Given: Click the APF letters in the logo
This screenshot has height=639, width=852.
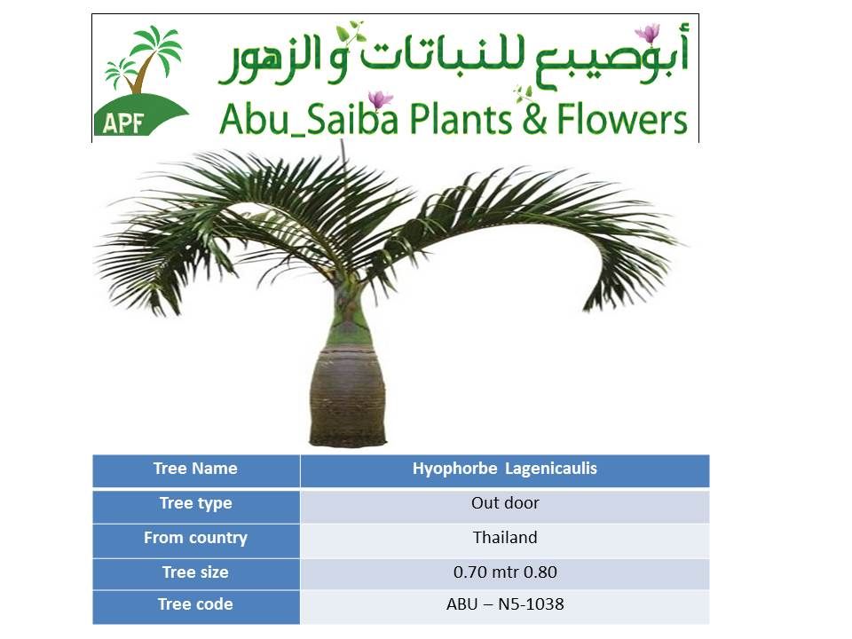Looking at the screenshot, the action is pyautogui.click(x=122, y=123).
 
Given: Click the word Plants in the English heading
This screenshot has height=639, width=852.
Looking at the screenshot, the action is pyautogui.click(x=461, y=119).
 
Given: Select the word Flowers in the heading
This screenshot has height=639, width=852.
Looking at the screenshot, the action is pyautogui.click(x=622, y=120).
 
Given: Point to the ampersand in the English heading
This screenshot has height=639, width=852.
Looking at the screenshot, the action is pyautogui.click(x=534, y=120).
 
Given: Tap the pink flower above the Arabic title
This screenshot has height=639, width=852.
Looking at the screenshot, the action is pyautogui.click(x=648, y=33).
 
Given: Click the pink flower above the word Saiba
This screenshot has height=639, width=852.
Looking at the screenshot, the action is pyautogui.click(x=380, y=99).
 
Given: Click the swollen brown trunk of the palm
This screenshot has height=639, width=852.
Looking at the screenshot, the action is pyautogui.click(x=348, y=397).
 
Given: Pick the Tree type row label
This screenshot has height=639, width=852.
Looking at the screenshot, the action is pyautogui.click(x=195, y=504).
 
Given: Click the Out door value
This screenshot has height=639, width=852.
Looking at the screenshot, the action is pyautogui.click(x=505, y=504).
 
